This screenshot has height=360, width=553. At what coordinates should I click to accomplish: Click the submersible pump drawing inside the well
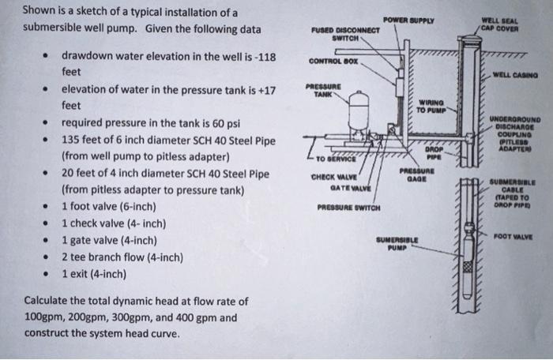[467, 272]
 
